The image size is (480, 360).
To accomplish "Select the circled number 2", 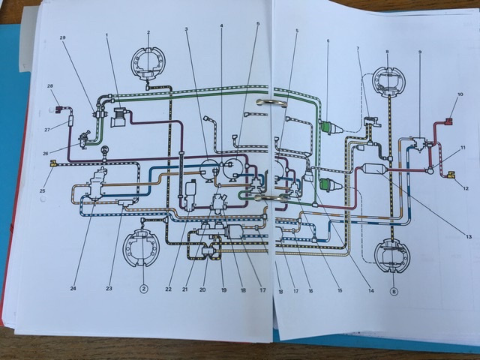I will (x=142, y=288).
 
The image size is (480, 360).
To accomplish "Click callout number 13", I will (x=469, y=237).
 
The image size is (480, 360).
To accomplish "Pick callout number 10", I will (x=460, y=95).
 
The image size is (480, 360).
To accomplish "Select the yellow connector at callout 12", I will (x=452, y=175).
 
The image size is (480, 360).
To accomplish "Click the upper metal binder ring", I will (x=268, y=102).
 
